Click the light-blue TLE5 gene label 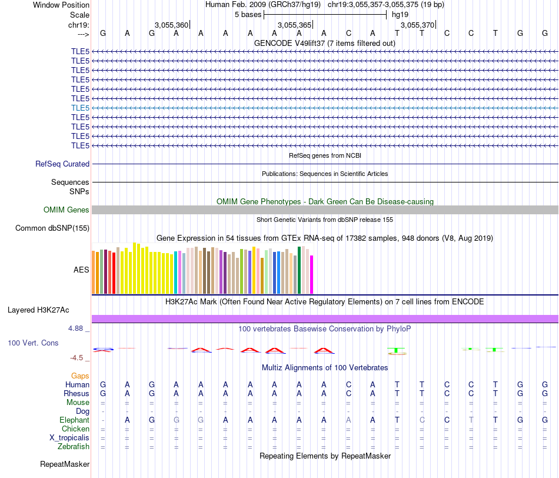(80, 108)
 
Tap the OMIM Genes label (66, 210)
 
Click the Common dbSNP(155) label (52, 228)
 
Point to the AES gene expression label (81, 270)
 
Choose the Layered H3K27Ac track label (48, 310)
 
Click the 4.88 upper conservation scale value (78, 328)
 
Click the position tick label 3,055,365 (294, 25)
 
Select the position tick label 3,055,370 (417, 25)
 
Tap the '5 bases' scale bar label (248, 14)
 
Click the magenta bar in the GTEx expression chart (312, 274)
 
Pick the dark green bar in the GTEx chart (300, 270)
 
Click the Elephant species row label (74, 420)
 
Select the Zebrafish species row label (74, 447)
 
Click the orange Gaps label (80, 376)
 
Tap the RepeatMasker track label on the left (65, 464)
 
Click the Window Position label (61, 5)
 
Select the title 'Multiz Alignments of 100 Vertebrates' (325, 368)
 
